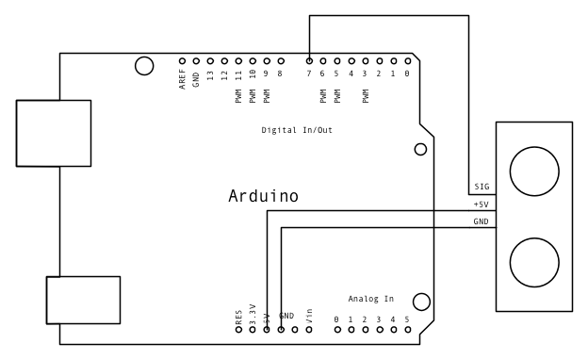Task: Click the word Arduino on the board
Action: click(x=263, y=197)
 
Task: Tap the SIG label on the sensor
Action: click(x=481, y=188)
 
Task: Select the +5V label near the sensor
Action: click(x=481, y=205)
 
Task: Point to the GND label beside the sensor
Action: click(x=481, y=221)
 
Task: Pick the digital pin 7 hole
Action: click(x=309, y=60)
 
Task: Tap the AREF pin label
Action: click(x=182, y=79)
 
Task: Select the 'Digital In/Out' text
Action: click(x=296, y=130)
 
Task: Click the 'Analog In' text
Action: click(x=370, y=299)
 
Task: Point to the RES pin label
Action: click(x=239, y=316)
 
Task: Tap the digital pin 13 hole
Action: click(x=210, y=60)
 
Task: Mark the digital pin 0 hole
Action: click(x=407, y=60)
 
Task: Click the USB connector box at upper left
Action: click(x=54, y=134)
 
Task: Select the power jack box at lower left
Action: click(x=83, y=300)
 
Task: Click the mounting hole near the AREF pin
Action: click(x=143, y=65)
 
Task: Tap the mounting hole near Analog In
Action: click(x=421, y=302)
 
